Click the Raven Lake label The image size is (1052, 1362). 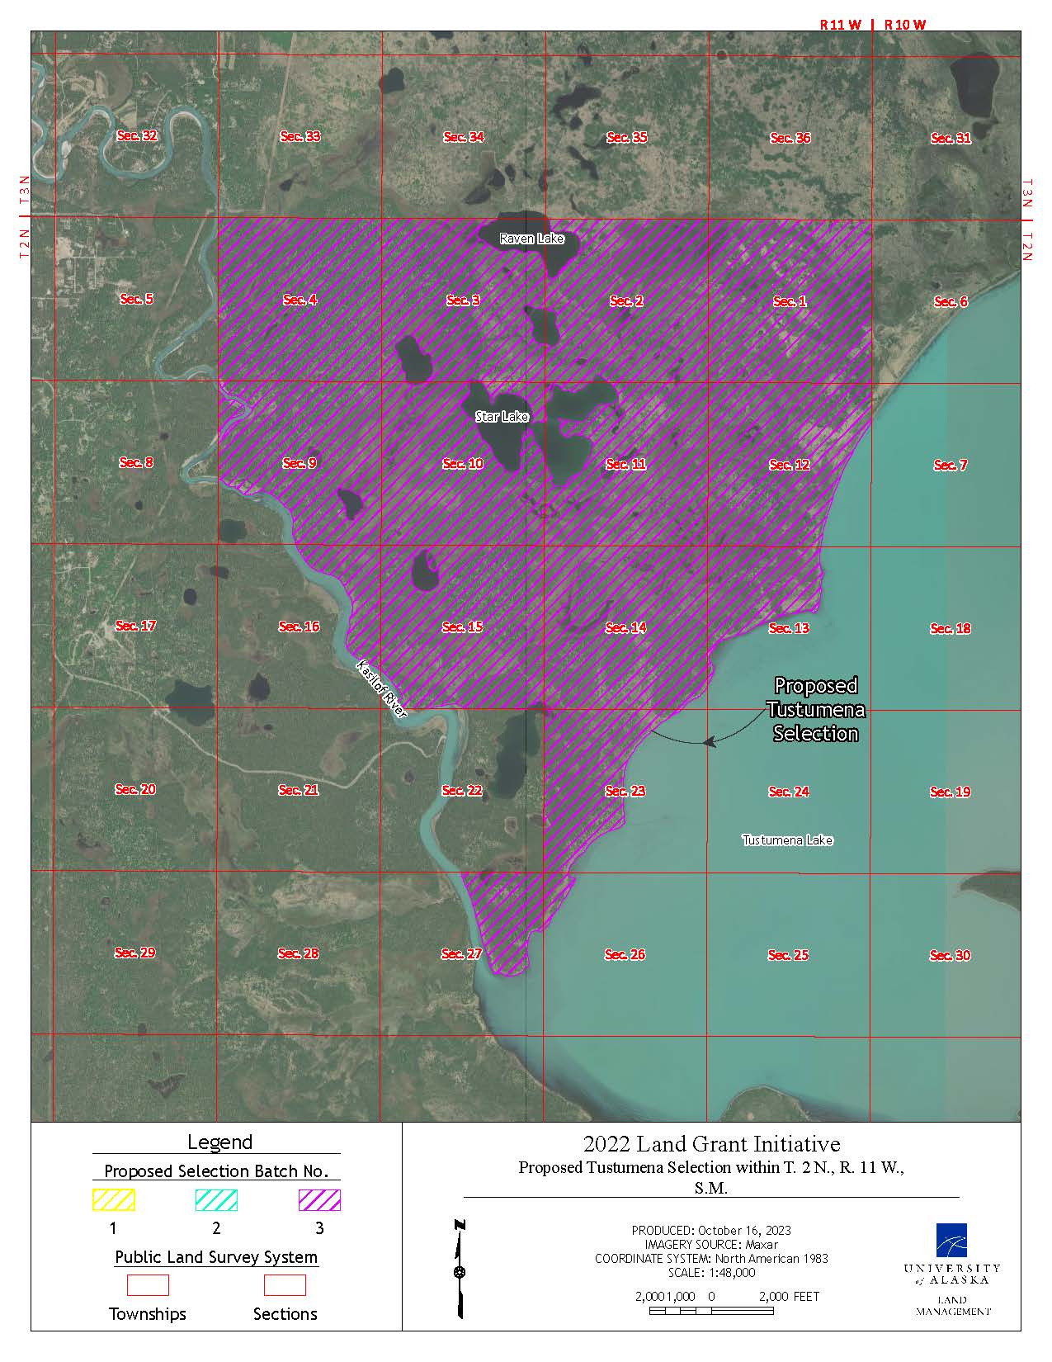click(x=532, y=239)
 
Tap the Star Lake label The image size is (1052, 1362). click(x=502, y=417)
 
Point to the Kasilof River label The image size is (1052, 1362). click(x=382, y=688)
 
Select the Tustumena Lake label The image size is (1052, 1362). click(x=787, y=840)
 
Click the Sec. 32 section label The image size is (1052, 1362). click(x=137, y=135)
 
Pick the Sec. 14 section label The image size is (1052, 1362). click(x=625, y=627)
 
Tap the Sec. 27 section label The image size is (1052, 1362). click(x=461, y=953)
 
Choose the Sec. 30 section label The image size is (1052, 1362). click(x=951, y=955)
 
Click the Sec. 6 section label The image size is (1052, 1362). click(x=951, y=301)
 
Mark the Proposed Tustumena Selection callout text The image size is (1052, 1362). click(x=816, y=710)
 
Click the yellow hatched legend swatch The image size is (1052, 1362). click(x=113, y=1199)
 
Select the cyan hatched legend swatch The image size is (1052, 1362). click(x=216, y=1199)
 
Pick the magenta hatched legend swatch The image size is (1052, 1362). click(x=319, y=1199)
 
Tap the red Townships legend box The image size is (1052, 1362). click(x=148, y=1284)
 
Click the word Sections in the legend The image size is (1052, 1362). click(x=285, y=1313)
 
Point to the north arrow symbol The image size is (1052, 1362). click(x=460, y=1268)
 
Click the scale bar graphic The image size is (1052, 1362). click(x=711, y=1310)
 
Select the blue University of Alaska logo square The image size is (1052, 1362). click(x=951, y=1239)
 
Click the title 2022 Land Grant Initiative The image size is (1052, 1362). click(x=711, y=1144)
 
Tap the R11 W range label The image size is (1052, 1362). click(x=840, y=25)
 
